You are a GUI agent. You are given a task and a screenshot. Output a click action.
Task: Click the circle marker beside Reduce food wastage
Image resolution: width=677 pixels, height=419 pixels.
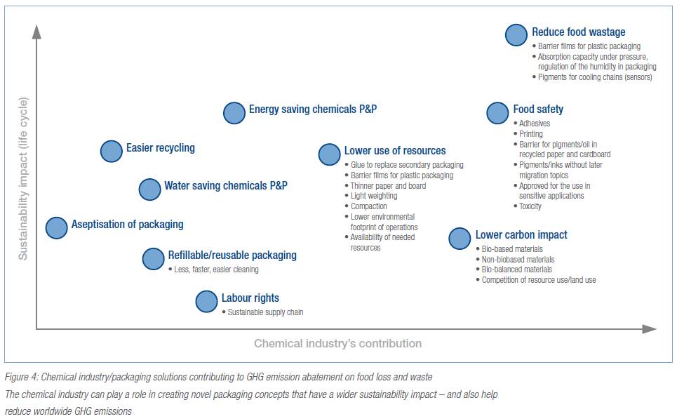(x=516, y=35)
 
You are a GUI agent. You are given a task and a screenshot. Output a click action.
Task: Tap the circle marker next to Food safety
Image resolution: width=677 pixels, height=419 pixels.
(x=497, y=113)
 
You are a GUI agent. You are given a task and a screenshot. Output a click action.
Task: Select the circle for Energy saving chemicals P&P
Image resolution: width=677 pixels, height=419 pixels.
(x=234, y=113)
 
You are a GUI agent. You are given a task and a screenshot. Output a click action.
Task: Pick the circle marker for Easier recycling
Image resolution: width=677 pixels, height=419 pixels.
(x=112, y=151)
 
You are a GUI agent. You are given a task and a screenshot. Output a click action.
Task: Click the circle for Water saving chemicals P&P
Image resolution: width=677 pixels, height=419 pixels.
(x=150, y=189)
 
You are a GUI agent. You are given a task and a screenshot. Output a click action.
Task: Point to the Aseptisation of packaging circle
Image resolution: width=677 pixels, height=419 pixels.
(x=57, y=227)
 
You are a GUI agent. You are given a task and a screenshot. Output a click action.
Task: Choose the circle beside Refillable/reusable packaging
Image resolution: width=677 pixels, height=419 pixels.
(x=153, y=259)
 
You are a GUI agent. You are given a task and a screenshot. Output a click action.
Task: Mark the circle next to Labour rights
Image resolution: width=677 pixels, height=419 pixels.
(x=206, y=302)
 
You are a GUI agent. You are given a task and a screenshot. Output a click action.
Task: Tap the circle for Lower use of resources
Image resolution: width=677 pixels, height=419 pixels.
(x=330, y=154)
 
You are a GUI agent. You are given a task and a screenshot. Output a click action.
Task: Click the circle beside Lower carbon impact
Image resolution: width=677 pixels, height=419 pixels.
(x=460, y=239)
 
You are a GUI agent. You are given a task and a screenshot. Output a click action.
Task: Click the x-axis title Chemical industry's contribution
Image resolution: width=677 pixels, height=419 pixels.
(x=337, y=343)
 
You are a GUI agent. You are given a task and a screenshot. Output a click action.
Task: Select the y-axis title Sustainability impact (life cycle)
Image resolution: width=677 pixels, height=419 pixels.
(x=23, y=178)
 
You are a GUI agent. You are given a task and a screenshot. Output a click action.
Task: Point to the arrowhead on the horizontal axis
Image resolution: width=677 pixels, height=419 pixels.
(x=649, y=329)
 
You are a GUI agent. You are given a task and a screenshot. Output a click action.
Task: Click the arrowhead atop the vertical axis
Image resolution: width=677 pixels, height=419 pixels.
(x=36, y=32)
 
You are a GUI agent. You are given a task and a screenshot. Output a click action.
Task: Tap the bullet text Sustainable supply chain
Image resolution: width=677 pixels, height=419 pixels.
(x=265, y=312)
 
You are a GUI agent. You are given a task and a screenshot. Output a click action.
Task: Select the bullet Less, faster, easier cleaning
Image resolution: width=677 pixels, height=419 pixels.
(x=216, y=270)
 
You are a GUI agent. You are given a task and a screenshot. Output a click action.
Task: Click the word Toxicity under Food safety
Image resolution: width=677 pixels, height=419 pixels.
(x=530, y=206)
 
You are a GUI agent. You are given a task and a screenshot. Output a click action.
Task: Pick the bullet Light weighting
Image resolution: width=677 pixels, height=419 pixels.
(x=374, y=196)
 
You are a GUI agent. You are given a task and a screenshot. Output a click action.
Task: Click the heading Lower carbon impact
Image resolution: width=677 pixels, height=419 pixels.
(x=521, y=234)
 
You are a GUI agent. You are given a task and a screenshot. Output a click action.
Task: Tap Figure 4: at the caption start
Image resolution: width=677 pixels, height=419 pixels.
(x=21, y=377)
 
